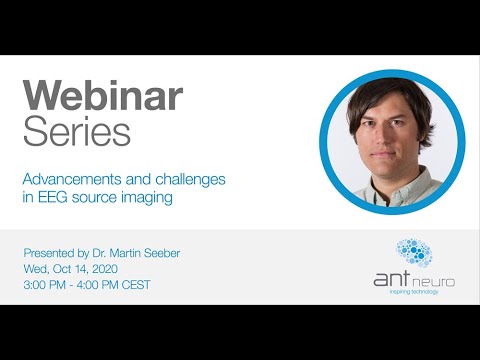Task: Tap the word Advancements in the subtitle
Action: (74, 179)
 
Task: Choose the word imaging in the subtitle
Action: (147, 197)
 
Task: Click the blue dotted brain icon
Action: (414, 253)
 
